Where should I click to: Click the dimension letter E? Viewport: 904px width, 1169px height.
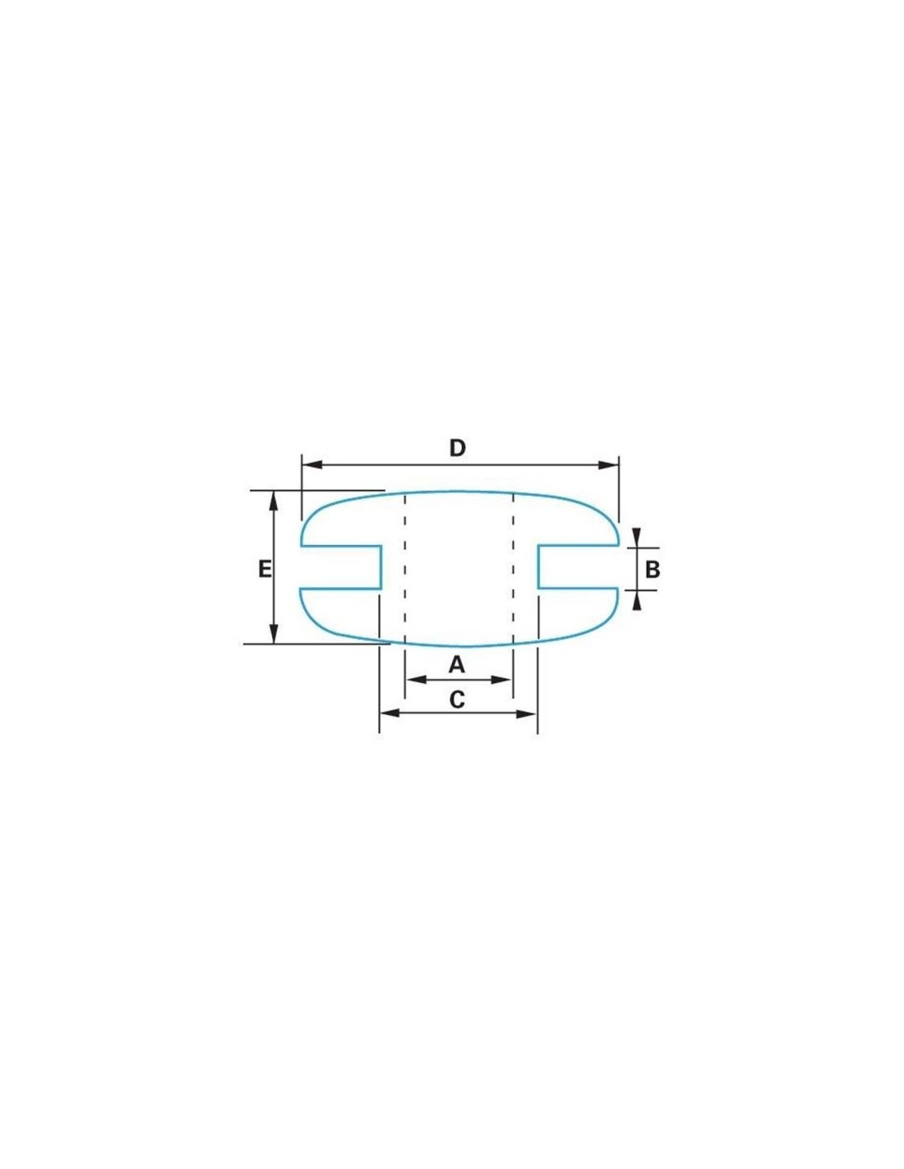(x=264, y=569)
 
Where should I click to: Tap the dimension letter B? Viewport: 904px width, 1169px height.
(x=653, y=569)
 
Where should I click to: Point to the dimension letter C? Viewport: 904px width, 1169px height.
(x=457, y=700)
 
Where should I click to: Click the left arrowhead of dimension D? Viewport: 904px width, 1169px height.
(x=312, y=464)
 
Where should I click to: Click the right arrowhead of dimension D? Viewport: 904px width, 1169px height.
(x=608, y=464)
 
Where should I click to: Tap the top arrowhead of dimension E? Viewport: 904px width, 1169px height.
(x=274, y=501)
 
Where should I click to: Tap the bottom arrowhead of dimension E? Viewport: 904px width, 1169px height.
(x=274, y=633)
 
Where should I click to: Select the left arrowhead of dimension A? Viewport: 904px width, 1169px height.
(x=416, y=680)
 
